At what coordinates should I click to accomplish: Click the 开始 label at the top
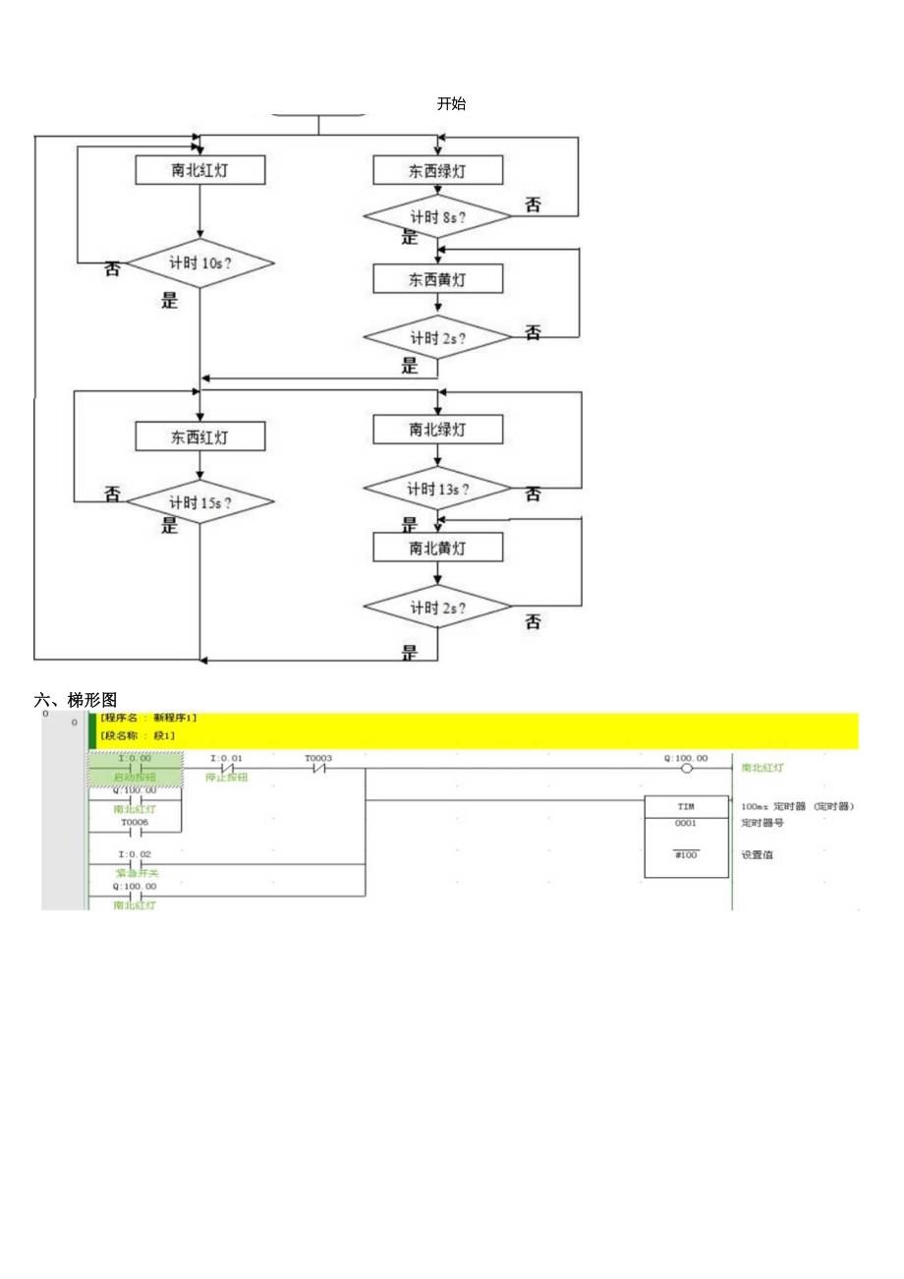point(451,104)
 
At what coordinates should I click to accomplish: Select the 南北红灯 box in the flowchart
point(200,170)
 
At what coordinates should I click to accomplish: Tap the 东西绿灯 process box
point(437,171)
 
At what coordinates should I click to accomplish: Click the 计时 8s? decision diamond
point(437,216)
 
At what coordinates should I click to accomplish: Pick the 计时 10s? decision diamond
point(200,263)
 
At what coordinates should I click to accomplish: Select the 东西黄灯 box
point(437,279)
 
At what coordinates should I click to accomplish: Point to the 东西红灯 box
point(200,437)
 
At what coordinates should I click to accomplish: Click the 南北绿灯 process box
point(437,430)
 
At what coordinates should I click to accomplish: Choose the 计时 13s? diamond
point(437,489)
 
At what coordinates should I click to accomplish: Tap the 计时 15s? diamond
point(200,503)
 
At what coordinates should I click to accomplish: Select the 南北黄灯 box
point(437,548)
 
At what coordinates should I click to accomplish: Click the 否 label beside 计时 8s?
point(533,204)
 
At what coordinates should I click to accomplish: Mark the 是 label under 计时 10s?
point(170,301)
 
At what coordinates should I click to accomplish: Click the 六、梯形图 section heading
point(76,700)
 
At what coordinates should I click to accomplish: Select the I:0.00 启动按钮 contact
point(136,769)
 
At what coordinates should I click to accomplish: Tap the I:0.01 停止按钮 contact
point(227,769)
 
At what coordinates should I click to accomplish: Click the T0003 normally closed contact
point(318,769)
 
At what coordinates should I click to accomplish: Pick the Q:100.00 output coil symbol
point(686,769)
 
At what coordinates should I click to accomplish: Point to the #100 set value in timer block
point(686,855)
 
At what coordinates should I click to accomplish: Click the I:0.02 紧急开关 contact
point(136,865)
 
